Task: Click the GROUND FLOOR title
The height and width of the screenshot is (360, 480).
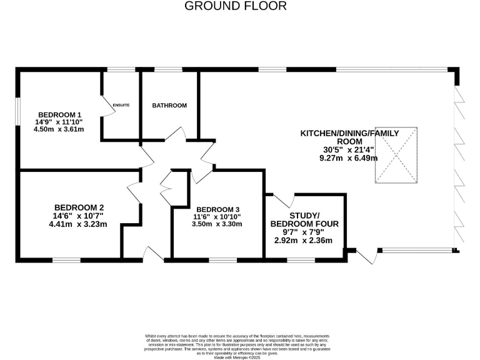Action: [236, 6]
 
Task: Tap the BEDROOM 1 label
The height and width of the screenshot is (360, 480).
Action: [60, 114]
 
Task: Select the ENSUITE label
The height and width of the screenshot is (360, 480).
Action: [121, 105]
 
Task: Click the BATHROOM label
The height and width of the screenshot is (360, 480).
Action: [169, 106]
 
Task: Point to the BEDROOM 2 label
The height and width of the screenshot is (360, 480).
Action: [79, 207]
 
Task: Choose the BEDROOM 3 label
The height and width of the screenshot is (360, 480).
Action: [217, 209]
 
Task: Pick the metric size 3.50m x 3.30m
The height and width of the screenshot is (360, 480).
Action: [217, 224]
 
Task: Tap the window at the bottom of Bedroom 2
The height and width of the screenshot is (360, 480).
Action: [66, 259]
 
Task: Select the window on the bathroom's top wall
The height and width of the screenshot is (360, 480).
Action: [164, 69]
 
